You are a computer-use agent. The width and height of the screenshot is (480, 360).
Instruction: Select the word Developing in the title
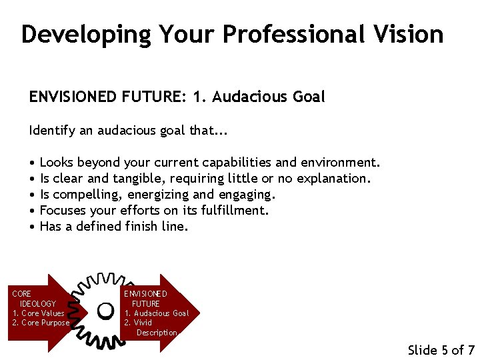click(85, 34)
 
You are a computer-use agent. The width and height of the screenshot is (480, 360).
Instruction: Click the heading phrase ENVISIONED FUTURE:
click(107, 97)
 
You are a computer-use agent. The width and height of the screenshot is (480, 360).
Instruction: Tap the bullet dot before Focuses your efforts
click(32, 211)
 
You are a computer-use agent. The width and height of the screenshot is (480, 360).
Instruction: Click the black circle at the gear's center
click(105, 310)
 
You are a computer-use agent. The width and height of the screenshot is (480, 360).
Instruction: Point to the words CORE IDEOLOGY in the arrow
click(33, 299)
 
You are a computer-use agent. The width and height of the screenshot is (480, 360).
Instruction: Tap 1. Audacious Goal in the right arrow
click(157, 313)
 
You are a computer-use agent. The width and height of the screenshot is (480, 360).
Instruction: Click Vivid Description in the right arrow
click(153, 327)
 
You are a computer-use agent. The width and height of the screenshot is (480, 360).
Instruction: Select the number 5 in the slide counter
click(445, 350)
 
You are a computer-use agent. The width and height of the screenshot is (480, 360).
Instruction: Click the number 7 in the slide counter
click(471, 350)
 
